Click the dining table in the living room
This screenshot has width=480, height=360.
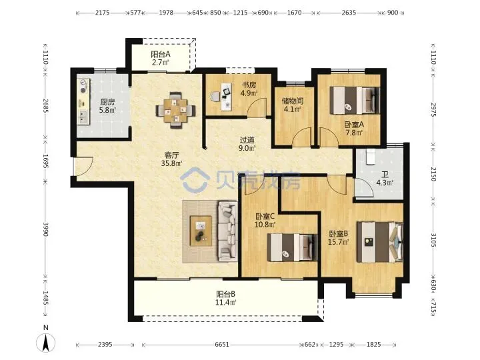(x=176, y=110)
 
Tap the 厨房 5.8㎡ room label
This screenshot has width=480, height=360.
(x=107, y=105)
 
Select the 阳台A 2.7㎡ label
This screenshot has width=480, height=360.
(x=161, y=58)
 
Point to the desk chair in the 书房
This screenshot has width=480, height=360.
(x=215, y=97)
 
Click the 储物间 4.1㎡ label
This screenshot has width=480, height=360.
(x=293, y=105)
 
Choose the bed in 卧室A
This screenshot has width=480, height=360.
(x=355, y=101)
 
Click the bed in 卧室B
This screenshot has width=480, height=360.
(x=379, y=242)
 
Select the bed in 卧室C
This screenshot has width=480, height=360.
(x=292, y=247)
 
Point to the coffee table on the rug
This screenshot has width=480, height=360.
(x=201, y=231)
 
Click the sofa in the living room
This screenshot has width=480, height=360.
(x=227, y=231)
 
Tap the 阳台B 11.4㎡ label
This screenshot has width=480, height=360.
(x=226, y=298)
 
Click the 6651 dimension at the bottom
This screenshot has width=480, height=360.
(x=221, y=345)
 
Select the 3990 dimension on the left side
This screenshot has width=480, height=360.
(x=45, y=229)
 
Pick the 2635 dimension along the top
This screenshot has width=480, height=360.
(x=349, y=13)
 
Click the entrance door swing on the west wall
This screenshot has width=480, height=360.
(x=83, y=167)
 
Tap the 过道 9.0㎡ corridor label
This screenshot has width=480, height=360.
(x=247, y=144)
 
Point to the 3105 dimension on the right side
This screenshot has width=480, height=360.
(x=433, y=240)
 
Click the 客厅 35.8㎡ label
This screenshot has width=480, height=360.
(x=172, y=159)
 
